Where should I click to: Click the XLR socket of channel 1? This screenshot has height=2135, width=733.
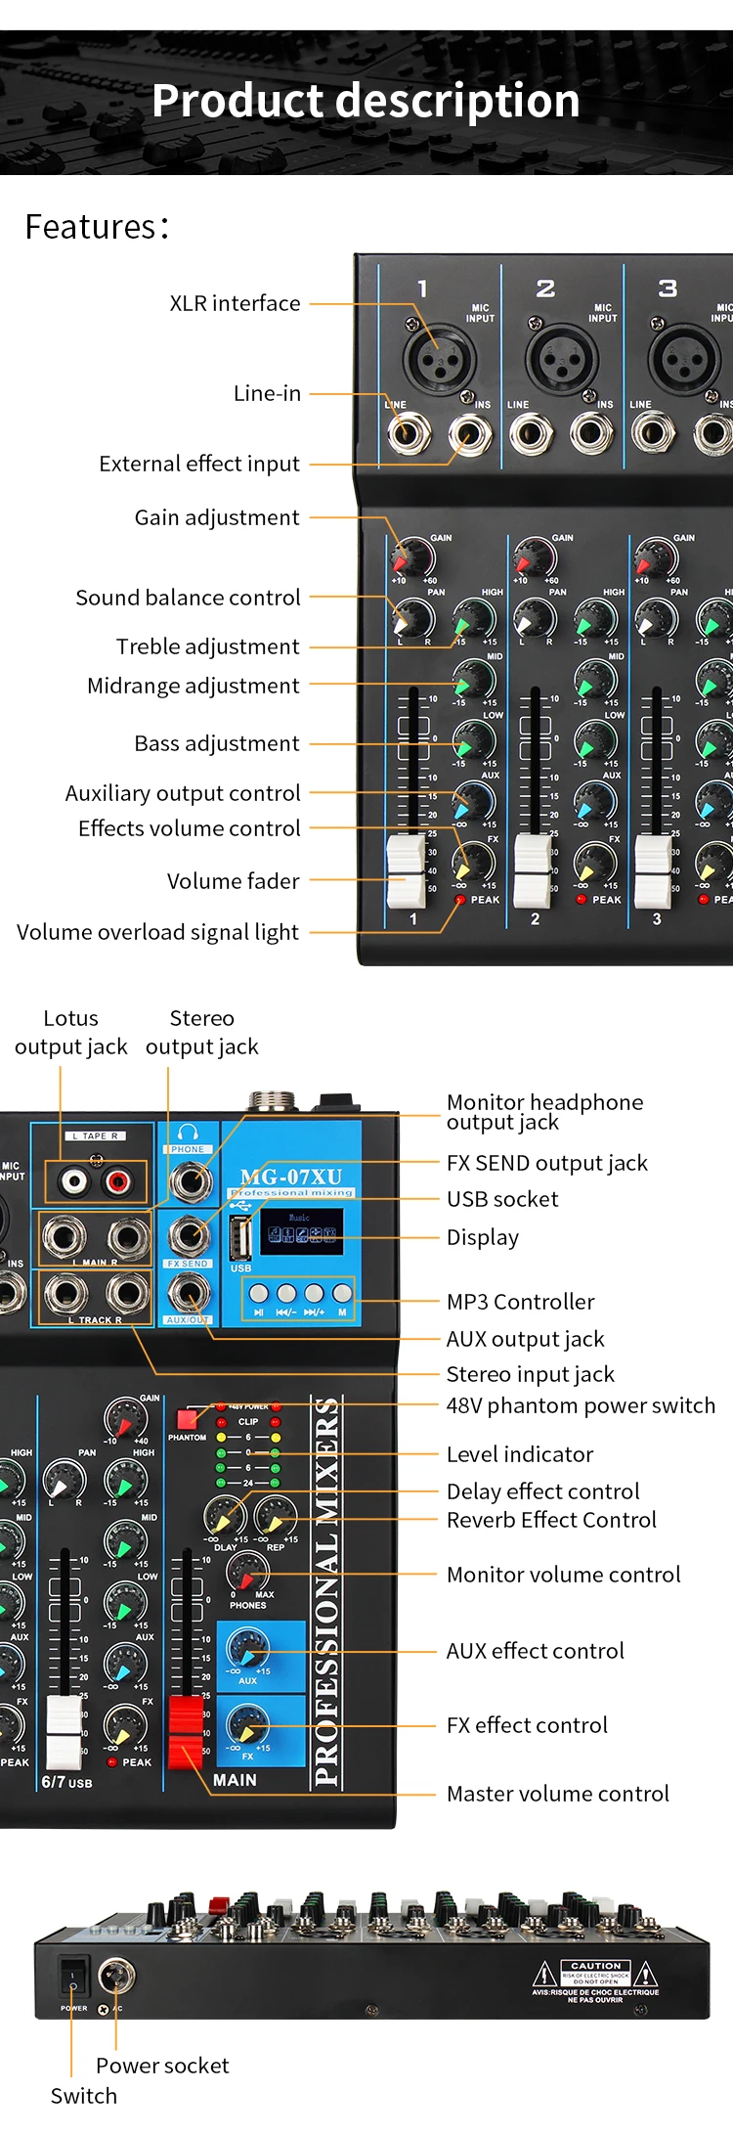pyautogui.click(x=439, y=359)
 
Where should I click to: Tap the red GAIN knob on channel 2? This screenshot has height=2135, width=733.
pyautogui.click(x=535, y=558)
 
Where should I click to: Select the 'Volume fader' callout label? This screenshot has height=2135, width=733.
pyautogui.click(x=233, y=881)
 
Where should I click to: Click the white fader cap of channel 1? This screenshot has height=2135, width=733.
pyautogui.click(x=407, y=869)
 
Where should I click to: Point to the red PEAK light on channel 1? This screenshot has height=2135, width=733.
pyautogui.click(x=460, y=900)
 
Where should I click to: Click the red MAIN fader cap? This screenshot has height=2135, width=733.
pyautogui.click(x=186, y=1732)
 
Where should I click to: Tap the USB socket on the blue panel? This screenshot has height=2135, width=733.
pyautogui.click(x=240, y=1237)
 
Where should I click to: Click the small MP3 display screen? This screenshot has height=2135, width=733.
pyautogui.click(x=301, y=1231)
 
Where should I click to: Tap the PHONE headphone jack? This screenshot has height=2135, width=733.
pyautogui.click(x=190, y=1181)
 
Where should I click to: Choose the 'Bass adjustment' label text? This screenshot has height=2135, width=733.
pyautogui.click(x=217, y=743)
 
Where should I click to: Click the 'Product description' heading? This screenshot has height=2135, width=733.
pyautogui.click(x=366, y=101)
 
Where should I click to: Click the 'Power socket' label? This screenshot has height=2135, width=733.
pyautogui.click(x=162, y=2066)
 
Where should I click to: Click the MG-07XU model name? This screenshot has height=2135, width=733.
pyautogui.click(x=291, y=1177)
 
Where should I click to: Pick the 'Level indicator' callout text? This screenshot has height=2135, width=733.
pyautogui.click(x=520, y=1454)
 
